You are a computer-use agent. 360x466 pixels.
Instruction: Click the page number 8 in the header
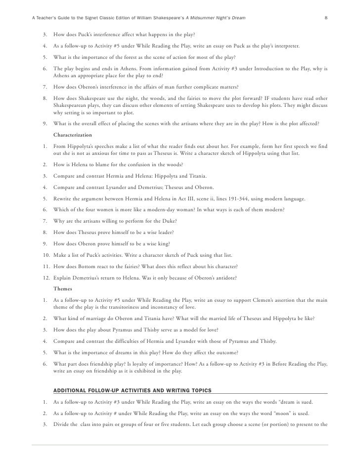[326, 18]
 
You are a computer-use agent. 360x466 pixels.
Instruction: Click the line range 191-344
[230, 199]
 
